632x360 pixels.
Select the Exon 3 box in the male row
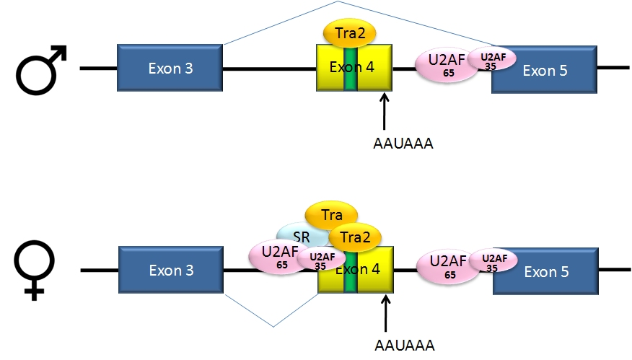click(170, 69)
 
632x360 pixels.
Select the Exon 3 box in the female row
click(171, 271)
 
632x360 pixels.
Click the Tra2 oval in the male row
click(350, 32)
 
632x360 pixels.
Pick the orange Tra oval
click(331, 214)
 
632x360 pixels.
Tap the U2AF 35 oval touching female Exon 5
click(493, 261)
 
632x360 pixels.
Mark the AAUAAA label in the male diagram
click(403, 144)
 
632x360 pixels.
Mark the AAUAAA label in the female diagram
click(404, 345)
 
